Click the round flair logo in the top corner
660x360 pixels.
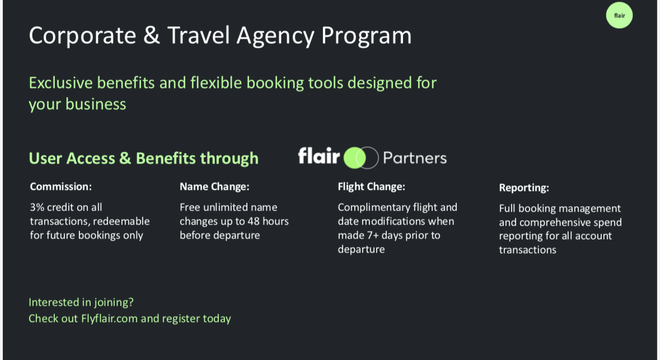pyautogui.click(x=619, y=16)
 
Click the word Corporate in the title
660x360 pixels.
pyautogui.click(x=82, y=35)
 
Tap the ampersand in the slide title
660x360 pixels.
pyautogui.click(x=152, y=35)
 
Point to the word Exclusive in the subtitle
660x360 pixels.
pyautogui.click(x=60, y=82)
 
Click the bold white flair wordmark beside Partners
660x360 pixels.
pyautogui.click(x=319, y=156)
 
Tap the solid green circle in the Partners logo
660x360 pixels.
pyautogui.click(x=354, y=158)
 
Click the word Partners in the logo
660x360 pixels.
pyautogui.click(x=415, y=158)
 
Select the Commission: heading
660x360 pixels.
pyautogui.click(x=60, y=186)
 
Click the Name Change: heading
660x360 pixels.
pyautogui.click(x=214, y=186)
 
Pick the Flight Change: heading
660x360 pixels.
pyautogui.click(x=371, y=186)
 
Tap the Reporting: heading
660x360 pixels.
pyautogui.click(x=524, y=188)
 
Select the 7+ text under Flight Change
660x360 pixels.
pyautogui.click(x=372, y=235)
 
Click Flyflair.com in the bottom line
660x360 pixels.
pyautogui.click(x=109, y=319)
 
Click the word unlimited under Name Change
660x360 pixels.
pyautogui.click(x=228, y=207)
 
